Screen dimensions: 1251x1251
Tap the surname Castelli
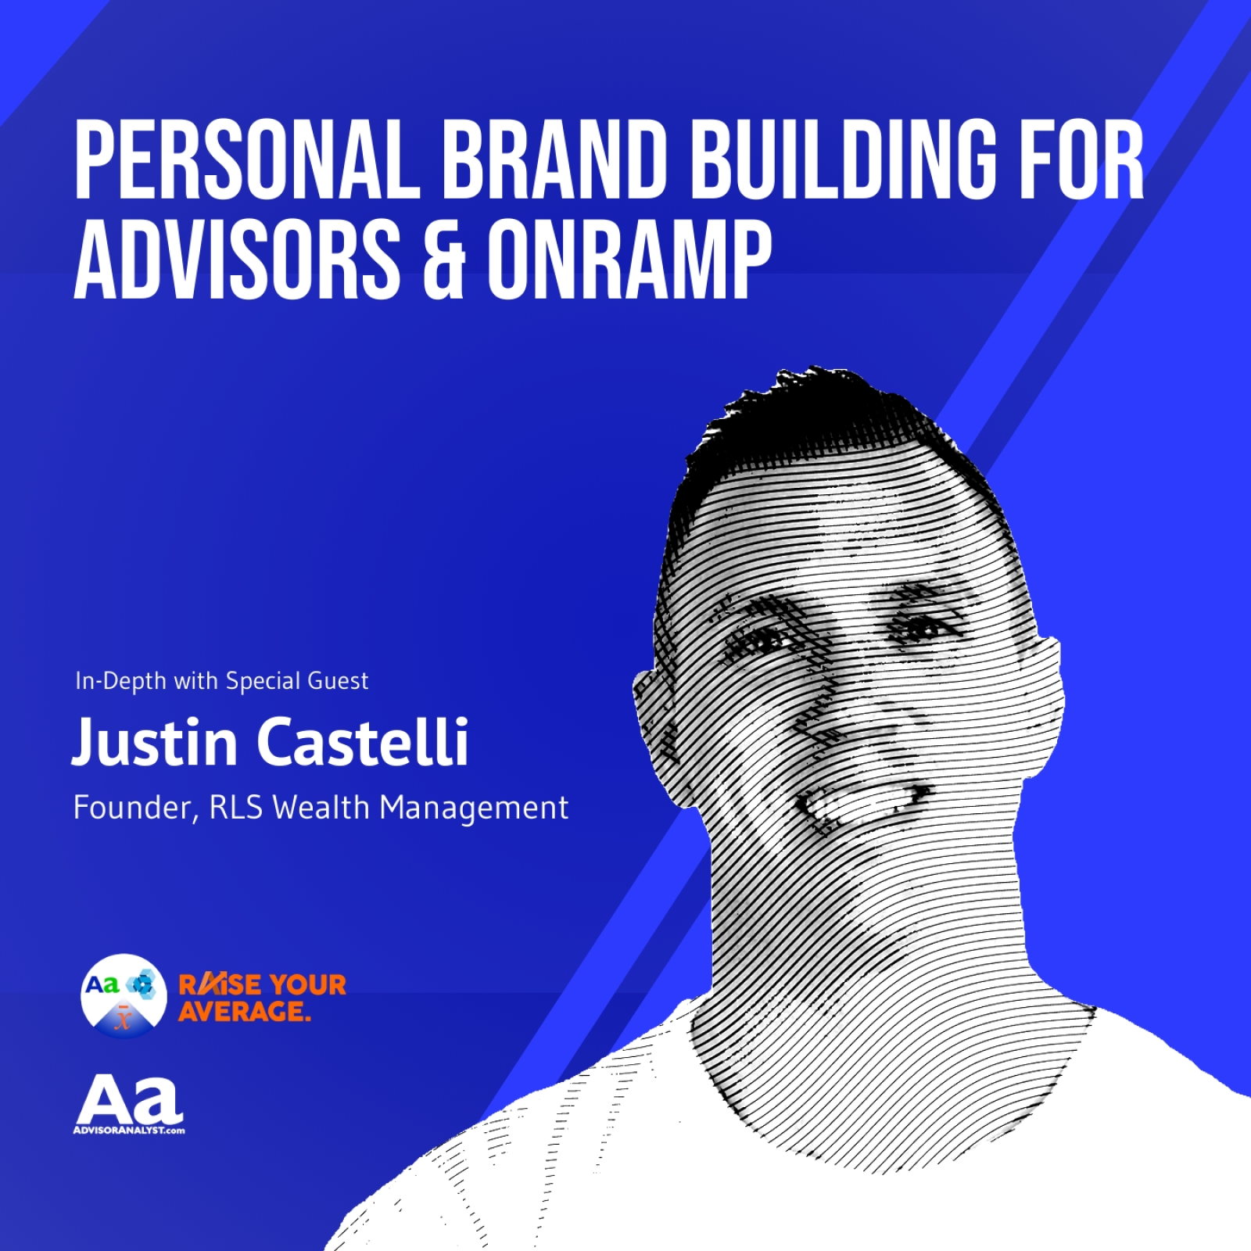[x=364, y=741]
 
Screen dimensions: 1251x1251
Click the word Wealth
[x=321, y=808]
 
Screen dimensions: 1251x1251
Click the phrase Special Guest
[x=297, y=681]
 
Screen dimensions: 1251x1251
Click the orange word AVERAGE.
[x=245, y=1011]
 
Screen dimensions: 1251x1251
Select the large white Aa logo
[x=129, y=1100]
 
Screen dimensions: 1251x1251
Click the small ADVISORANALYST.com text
[x=129, y=1131]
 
